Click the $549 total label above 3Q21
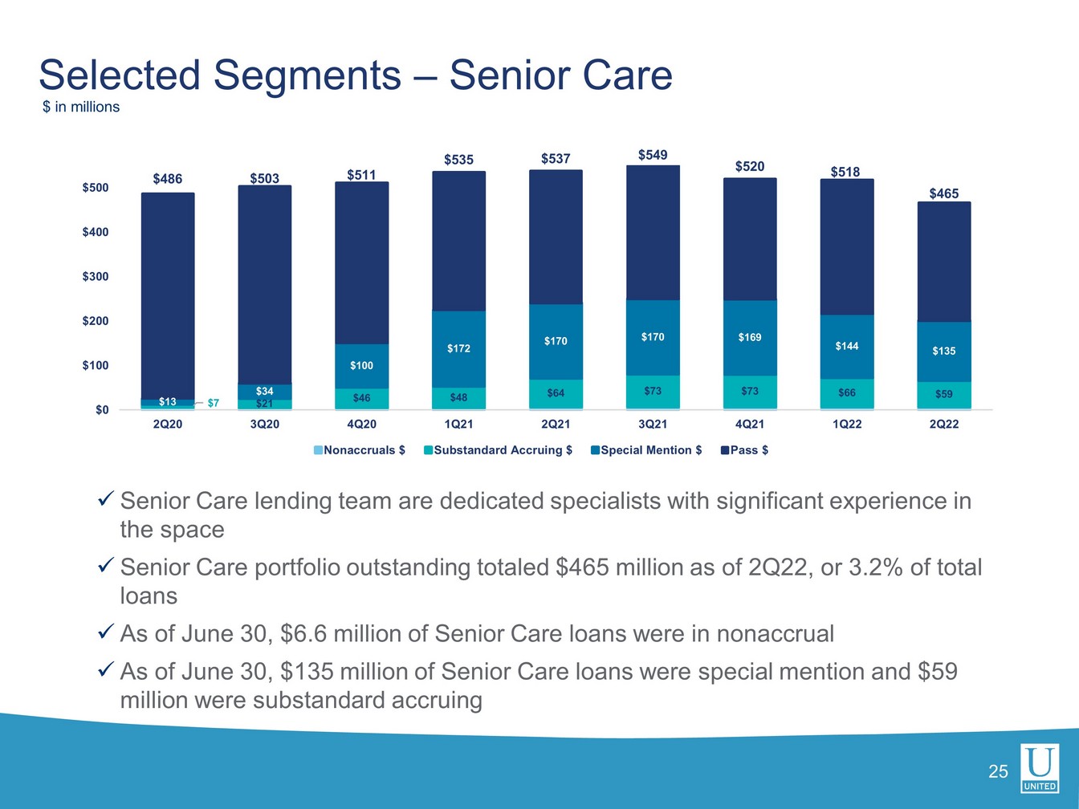(x=652, y=155)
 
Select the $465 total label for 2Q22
(x=943, y=193)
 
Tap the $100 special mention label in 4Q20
(x=361, y=366)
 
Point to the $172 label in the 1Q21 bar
(x=458, y=348)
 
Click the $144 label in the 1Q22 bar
(x=846, y=346)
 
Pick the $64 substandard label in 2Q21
(x=556, y=393)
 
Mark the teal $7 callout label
(x=213, y=403)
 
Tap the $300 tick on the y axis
(x=95, y=277)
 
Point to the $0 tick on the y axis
(x=101, y=410)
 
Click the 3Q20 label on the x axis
(x=264, y=425)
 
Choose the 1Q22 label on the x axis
(x=846, y=425)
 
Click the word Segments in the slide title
(x=307, y=75)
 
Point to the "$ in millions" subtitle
(x=81, y=108)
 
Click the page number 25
(x=998, y=772)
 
